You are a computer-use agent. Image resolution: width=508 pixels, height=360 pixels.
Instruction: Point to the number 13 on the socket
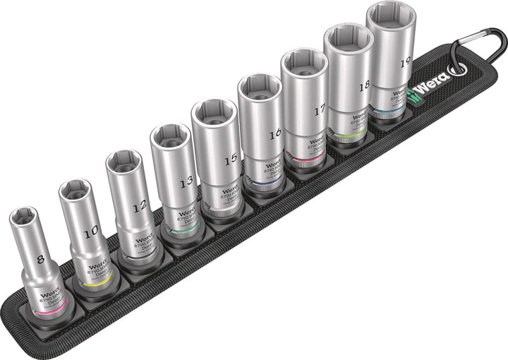[x=186, y=182]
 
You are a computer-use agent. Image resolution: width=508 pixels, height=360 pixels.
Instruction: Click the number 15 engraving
[x=231, y=160]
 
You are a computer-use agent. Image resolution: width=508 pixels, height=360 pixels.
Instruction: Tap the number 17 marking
[x=322, y=109]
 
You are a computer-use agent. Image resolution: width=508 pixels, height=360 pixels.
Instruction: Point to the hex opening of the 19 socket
[x=390, y=15]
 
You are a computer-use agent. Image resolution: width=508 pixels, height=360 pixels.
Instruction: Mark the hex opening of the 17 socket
[x=303, y=62]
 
